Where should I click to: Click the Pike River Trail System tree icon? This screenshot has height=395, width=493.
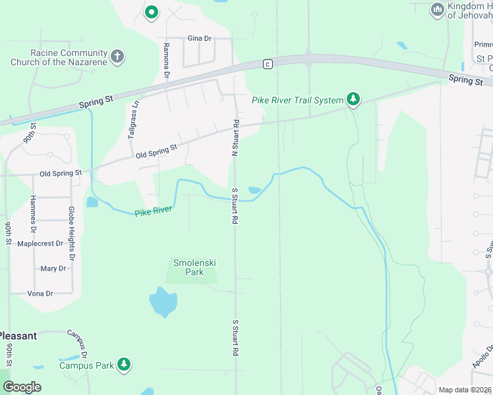click(x=354, y=99)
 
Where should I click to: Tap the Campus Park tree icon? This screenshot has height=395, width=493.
click(x=123, y=365)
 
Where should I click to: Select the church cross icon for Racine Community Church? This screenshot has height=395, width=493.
click(x=117, y=57)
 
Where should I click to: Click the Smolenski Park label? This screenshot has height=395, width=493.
click(x=194, y=267)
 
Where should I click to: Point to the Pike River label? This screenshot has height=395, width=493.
click(x=154, y=211)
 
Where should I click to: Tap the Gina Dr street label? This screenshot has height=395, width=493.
click(x=199, y=38)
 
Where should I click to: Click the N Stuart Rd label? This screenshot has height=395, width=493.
click(x=235, y=138)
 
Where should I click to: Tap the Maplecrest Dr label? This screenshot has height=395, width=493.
click(x=40, y=244)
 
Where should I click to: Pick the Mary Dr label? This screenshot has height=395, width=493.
click(x=53, y=269)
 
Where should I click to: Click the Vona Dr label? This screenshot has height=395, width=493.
click(x=40, y=293)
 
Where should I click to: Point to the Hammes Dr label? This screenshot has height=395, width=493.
click(x=32, y=215)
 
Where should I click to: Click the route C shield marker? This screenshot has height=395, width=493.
click(x=267, y=64)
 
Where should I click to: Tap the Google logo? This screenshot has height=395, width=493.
click(x=22, y=387)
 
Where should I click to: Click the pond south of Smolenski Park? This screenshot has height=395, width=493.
click(x=163, y=302)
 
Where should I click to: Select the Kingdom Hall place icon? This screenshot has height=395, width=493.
click(x=436, y=10)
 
